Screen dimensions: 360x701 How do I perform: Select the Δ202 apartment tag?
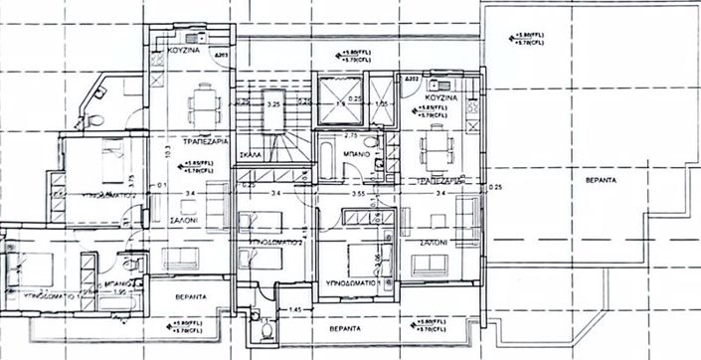pos(411,77)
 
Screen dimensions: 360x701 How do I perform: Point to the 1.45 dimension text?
pos(293,311)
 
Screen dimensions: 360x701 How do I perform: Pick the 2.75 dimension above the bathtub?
pos(350,133)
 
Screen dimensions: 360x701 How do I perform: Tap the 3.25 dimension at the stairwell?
pos(273,102)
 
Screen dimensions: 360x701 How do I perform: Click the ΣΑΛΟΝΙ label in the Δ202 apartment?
pos(434,242)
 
